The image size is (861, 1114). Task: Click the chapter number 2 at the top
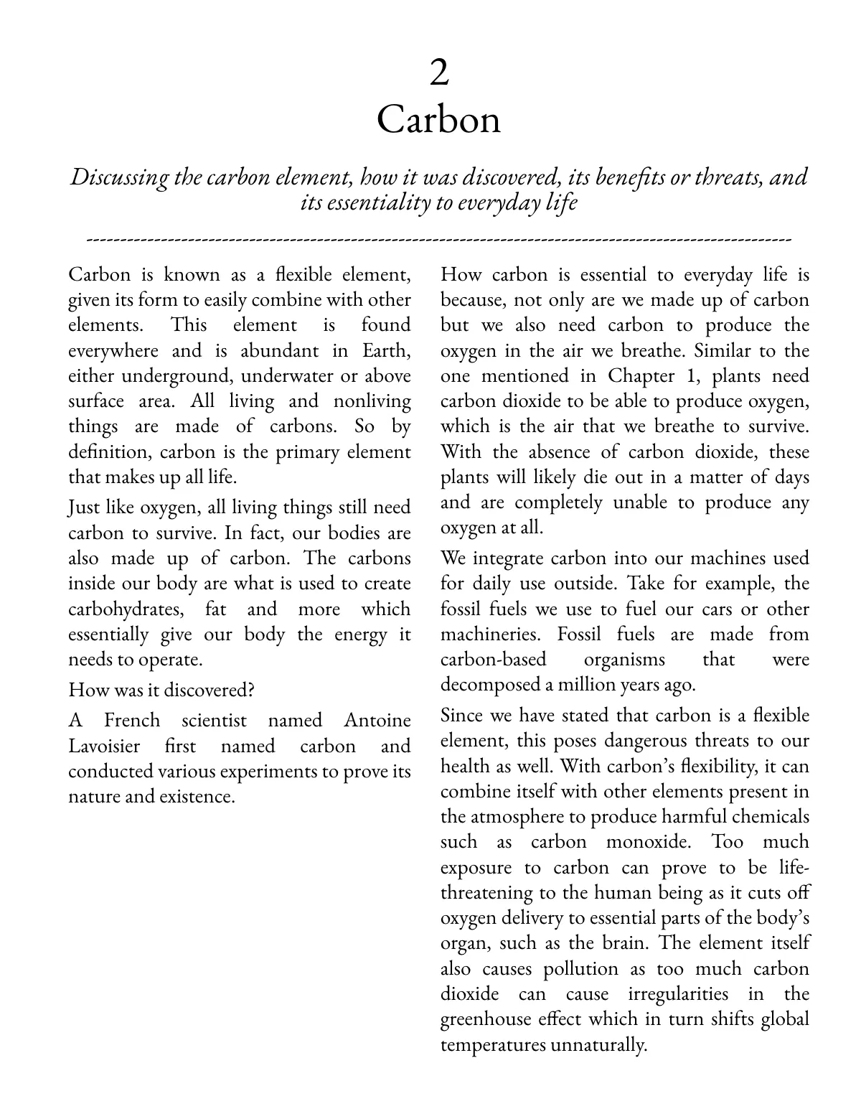(x=438, y=73)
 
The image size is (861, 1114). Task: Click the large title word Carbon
(x=438, y=120)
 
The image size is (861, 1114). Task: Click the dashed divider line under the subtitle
(x=438, y=238)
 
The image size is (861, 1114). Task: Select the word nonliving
(x=372, y=401)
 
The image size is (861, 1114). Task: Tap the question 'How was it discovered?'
(x=161, y=690)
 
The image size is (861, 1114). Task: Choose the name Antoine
(x=377, y=721)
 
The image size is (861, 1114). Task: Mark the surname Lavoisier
(x=104, y=746)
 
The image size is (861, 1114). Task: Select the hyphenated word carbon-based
(x=493, y=660)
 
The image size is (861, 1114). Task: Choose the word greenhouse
(x=485, y=1019)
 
